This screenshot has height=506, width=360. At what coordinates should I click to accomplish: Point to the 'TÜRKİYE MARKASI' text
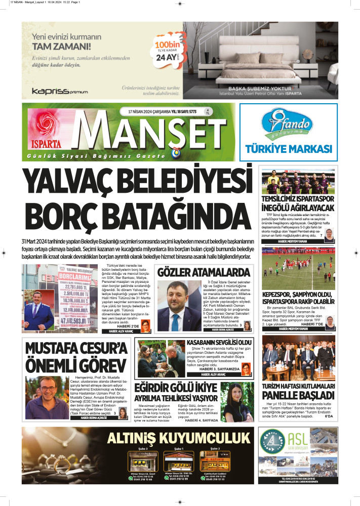click(x=288, y=149)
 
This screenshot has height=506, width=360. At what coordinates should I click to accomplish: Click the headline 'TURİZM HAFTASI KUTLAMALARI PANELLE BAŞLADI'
click(x=298, y=393)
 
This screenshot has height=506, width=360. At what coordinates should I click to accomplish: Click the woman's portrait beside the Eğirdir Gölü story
click(x=242, y=402)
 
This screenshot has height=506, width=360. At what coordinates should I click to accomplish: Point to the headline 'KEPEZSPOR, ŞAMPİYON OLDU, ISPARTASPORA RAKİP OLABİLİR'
click(x=298, y=299)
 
